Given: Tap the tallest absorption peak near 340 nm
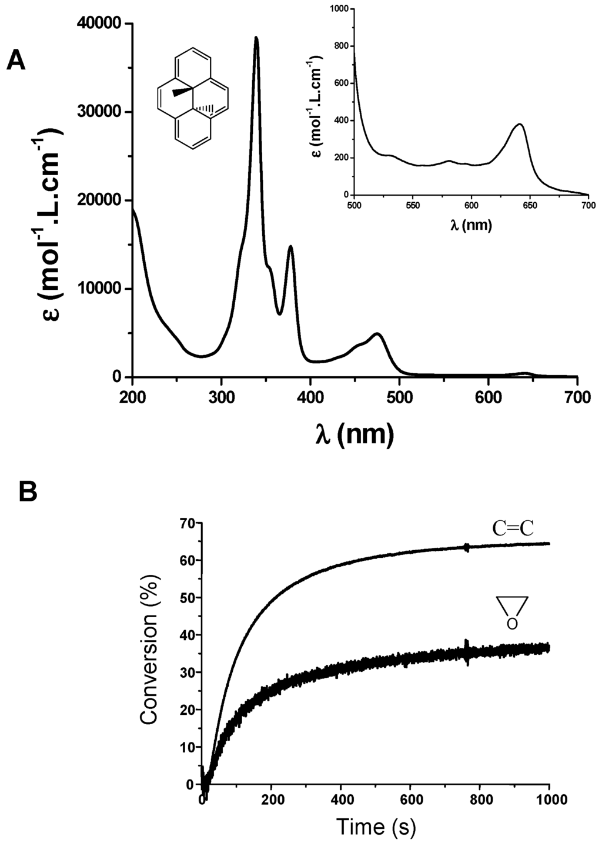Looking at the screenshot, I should point(256,38).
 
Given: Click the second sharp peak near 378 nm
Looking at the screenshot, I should point(290,247).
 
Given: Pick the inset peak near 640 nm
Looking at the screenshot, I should point(519,125).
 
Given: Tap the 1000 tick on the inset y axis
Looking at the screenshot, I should point(339,9).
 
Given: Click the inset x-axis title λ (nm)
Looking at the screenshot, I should point(471,224).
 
